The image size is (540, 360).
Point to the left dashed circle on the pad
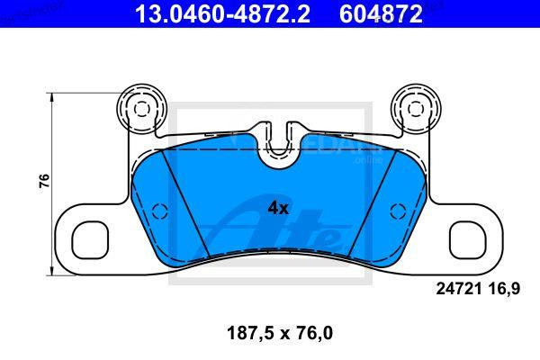click(159, 211)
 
